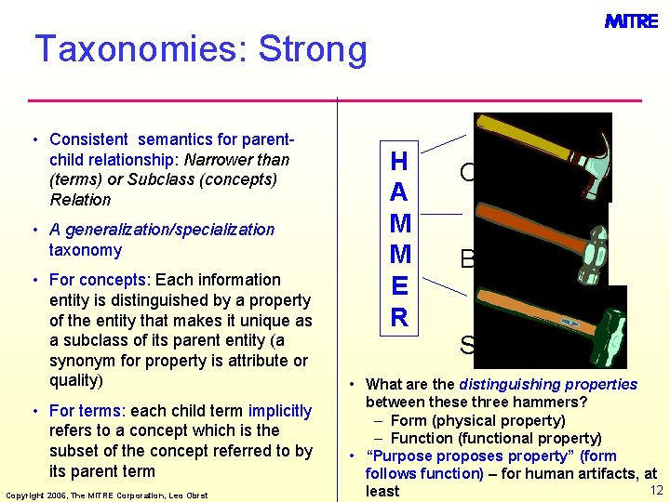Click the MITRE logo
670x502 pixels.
coord(631,20)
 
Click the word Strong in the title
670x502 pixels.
coord(314,49)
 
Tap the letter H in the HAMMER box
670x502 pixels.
coord(398,162)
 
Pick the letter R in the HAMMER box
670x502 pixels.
coord(398,318)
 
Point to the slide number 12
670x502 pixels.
coord(656,490)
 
